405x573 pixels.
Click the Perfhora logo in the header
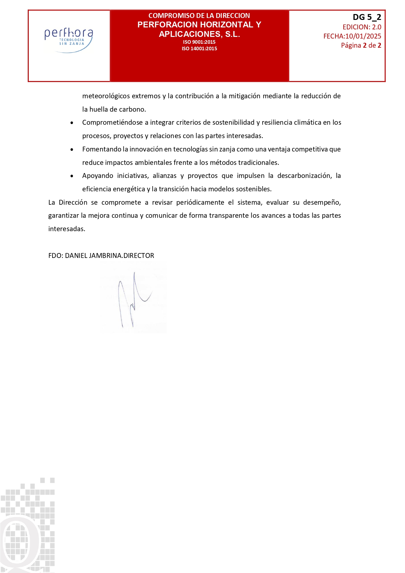coord(69,39)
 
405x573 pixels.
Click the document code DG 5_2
coord(367,17)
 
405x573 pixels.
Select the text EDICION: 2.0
coord(362,27)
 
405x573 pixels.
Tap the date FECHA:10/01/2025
coord(352,36)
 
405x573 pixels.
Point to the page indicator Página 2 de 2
coord(361,45)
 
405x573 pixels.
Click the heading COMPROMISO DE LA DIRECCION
coord(199,16)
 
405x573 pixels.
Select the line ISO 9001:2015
coord(199,42)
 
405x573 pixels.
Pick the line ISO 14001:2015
coord(199,49)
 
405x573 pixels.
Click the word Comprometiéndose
coord(112,123)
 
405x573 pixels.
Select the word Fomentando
coord(101,149)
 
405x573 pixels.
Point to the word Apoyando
coord(98,176)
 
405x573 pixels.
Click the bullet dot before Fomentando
coord(72,150)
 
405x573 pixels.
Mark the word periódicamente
coord(200,202)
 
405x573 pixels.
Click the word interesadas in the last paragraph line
coord(67,229)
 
